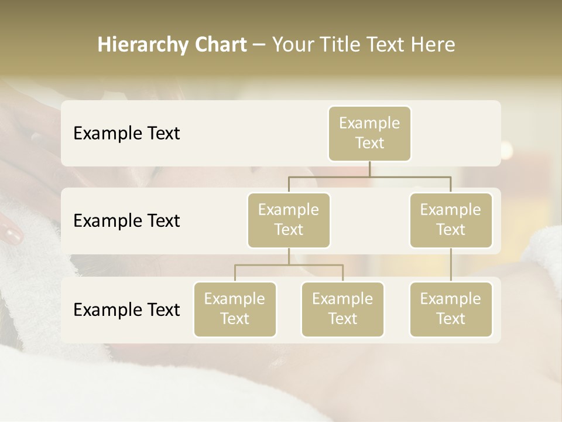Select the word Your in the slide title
click(293, 45)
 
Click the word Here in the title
click(433, 45)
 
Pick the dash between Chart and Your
click(259, 45)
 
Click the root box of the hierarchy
click(369, 133)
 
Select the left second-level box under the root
click(289, 220)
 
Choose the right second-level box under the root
click(451, 220)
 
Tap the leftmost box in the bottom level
click(235, 309)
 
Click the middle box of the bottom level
click(342, 309)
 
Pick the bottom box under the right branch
click(451, 309)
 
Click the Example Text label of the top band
click(126, 134)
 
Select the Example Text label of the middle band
click(126, 221)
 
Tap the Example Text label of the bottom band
click(126, 309)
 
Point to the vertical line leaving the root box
click(369, 169)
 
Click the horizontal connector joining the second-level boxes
click(369, 176)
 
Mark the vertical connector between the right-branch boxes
click(451, 265)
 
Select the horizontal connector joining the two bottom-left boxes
click(289, 265)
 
